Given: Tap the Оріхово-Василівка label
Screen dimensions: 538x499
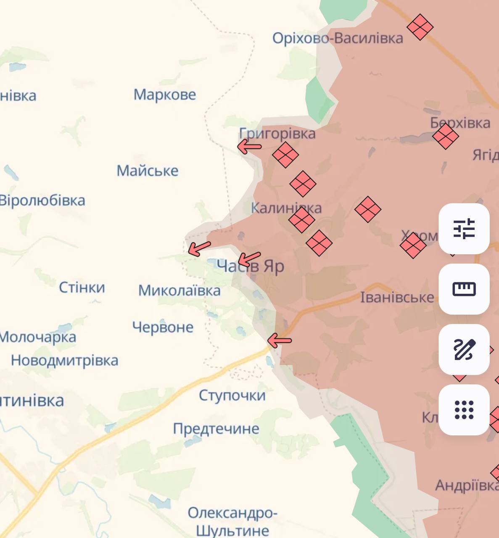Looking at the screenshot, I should click(x=338, y=38).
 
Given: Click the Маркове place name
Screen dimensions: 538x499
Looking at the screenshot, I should click(x=164, y=95).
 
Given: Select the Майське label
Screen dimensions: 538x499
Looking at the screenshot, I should click(x=147, y=171).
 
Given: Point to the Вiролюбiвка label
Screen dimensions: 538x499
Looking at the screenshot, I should click(x=42, y=200).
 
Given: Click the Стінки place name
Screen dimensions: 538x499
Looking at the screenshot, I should click(x=82, y=287).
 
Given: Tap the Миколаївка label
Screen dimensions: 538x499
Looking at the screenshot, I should click(x=179, y=290).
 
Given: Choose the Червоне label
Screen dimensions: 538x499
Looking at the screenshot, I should click(x=163, y=327).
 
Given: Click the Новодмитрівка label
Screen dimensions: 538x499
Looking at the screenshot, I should click(x=64, y=360).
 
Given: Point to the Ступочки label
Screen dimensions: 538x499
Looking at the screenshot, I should click(x=232, y=395).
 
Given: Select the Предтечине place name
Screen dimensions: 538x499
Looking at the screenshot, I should click(x=216, y=429).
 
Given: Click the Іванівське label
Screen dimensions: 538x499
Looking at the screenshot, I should click(x=397, y=298).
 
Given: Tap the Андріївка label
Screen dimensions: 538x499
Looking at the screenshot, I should click(x=466, y=485).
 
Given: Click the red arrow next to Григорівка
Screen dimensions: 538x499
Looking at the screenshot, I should click(x=249, y=147).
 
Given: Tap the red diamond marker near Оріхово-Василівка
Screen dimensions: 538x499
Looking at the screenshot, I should click(x=420, y=27).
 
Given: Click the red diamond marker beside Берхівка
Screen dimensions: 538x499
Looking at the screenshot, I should click(x=445, y=136).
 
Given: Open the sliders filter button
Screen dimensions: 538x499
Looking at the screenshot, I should click(x=464, y=229).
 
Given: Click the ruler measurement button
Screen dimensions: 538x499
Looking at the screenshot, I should click(x=464, y=289).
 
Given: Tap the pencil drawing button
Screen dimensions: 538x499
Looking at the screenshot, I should click(x=464, y=350).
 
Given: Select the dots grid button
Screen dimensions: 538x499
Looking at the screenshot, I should click(x=464, y=410).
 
